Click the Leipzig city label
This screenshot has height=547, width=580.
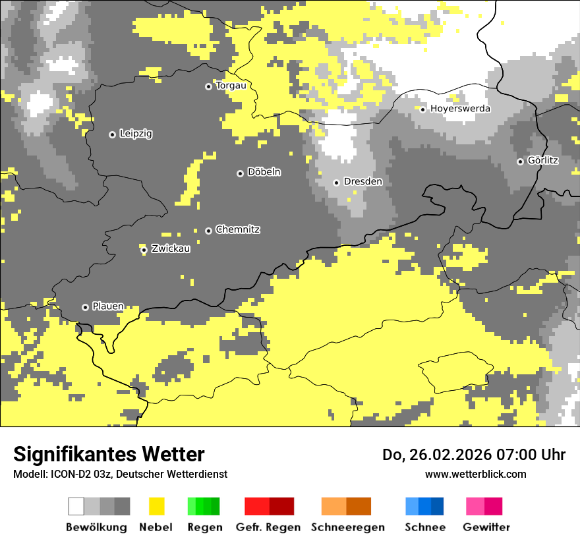pyautogui.click(x=136, y=134)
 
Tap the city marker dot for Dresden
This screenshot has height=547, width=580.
pyautogui.click(x=336, y=183)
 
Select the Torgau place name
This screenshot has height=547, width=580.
pyautogui.click(x=231, y=86)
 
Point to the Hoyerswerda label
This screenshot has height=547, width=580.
pyautogui.click(x=460, y=109)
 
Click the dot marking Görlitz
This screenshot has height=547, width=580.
pyautogui.click(x=520, y=161)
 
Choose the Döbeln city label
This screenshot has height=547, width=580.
pyautogui.click(x=264, y=172)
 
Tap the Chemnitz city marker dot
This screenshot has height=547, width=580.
pyautogui.click(x=208, y=231)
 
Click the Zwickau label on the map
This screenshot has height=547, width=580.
pyautogui.click(x=170, y=248)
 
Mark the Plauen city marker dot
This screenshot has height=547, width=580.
pyautogui.click(x=85, y=307)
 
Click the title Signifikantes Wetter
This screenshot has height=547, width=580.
pyautogui.click(x=109, y=455)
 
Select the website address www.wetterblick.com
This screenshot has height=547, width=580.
pyautogui.click(x=475, y=474)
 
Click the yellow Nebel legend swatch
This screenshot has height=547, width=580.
pyautogui.click(x=156, y=506)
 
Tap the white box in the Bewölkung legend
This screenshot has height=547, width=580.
pyautogui.click(x=76, y=506)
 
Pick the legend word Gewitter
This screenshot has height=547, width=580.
pyautogui.click(x=486, y=527)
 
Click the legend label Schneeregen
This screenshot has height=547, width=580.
pyautogui.click(x=347, y=527)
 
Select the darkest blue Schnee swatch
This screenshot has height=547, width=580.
pyautogui.click(x=438, y=506)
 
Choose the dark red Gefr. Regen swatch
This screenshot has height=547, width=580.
pyautogui.click(x=281, y=506)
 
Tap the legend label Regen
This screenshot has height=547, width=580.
pyautogui.click(x=204, y=527)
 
